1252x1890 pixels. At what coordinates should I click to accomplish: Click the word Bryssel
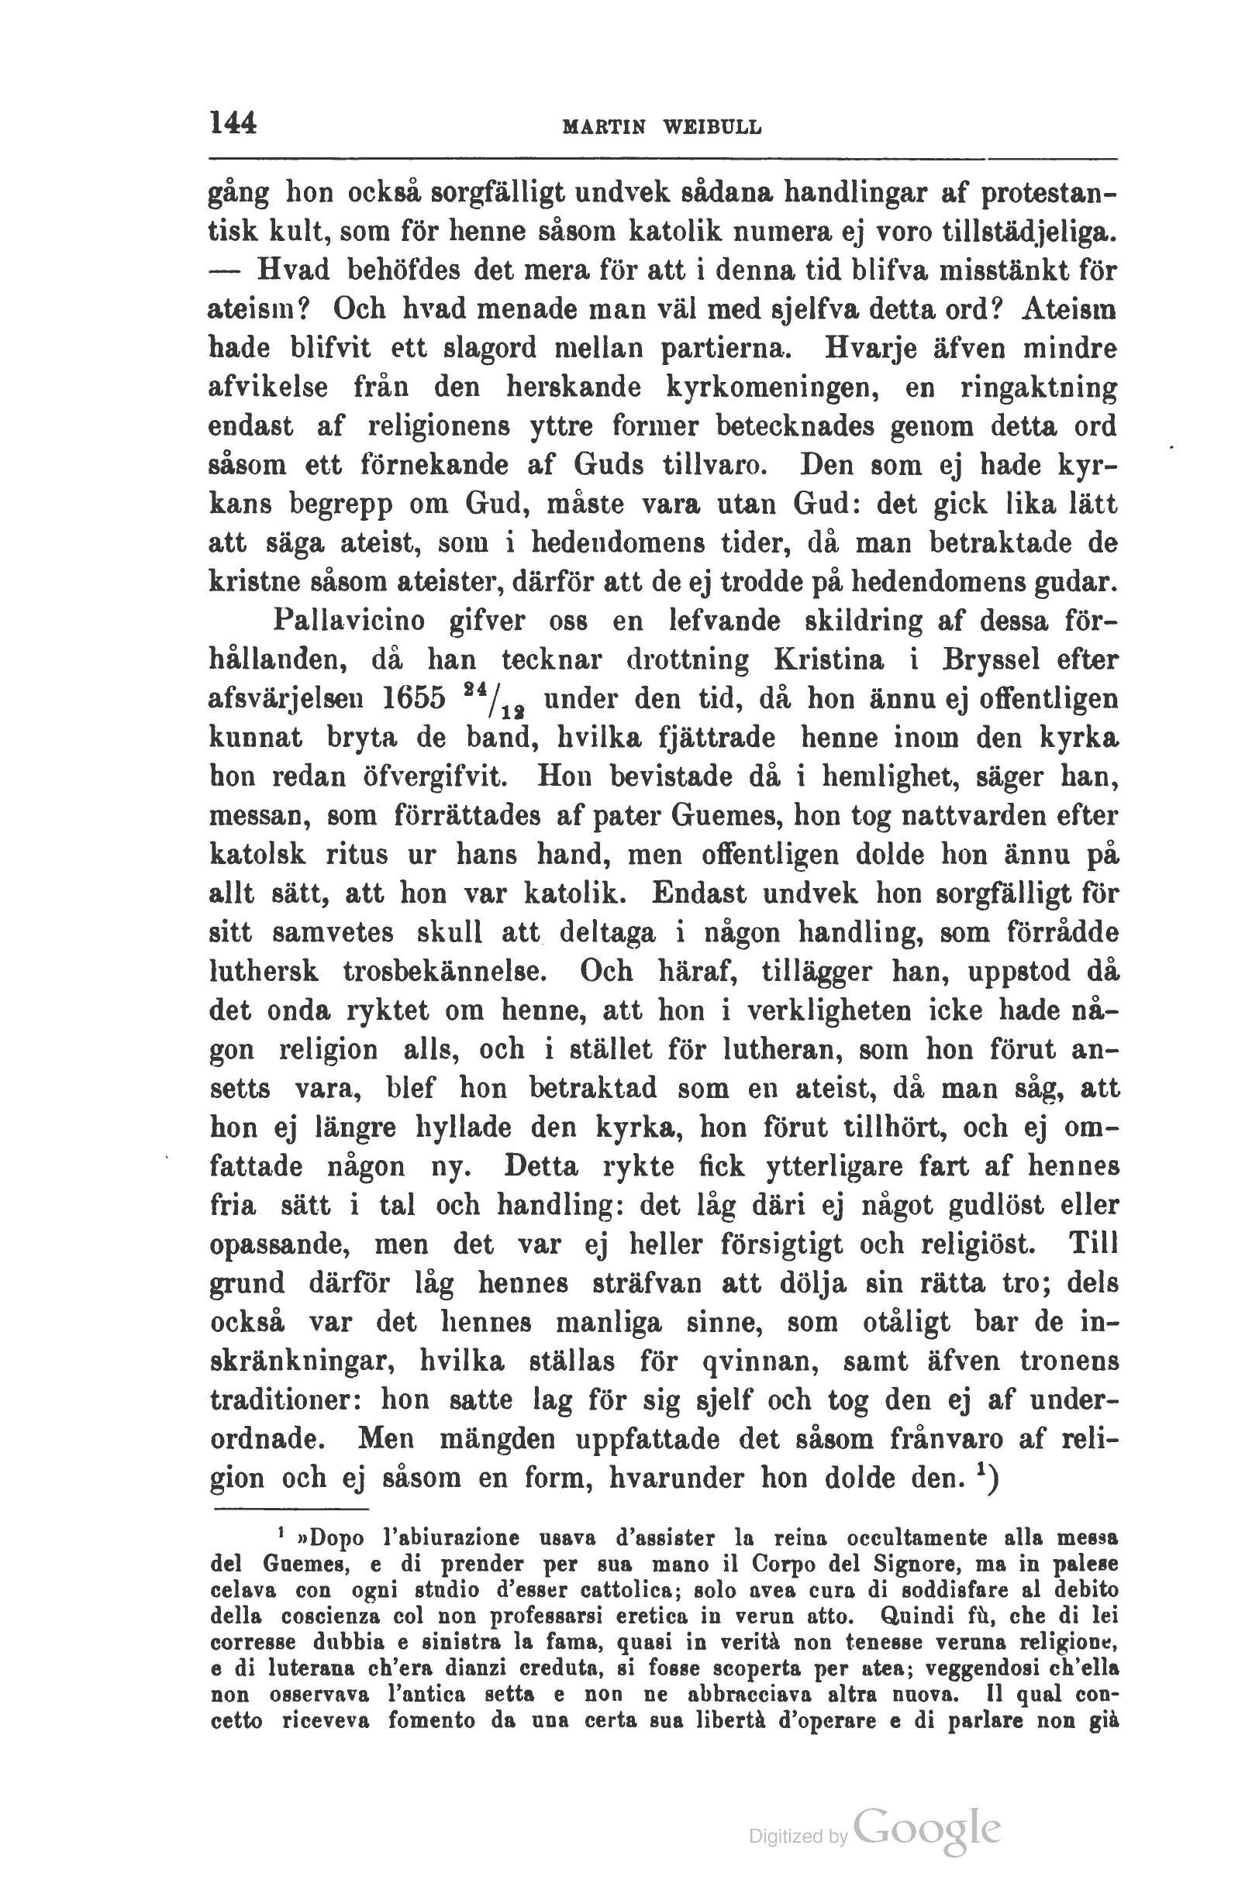[988, 660]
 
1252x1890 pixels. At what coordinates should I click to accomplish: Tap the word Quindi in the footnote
[916, 1616]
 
